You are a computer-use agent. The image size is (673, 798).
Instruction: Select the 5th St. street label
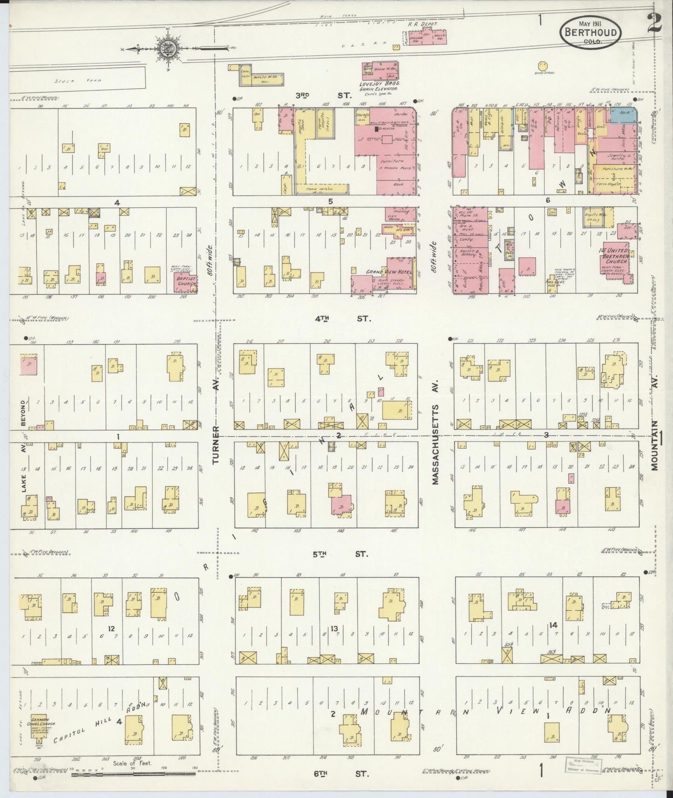[340, 554]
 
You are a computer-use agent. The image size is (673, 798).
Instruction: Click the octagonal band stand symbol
[543, 67]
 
